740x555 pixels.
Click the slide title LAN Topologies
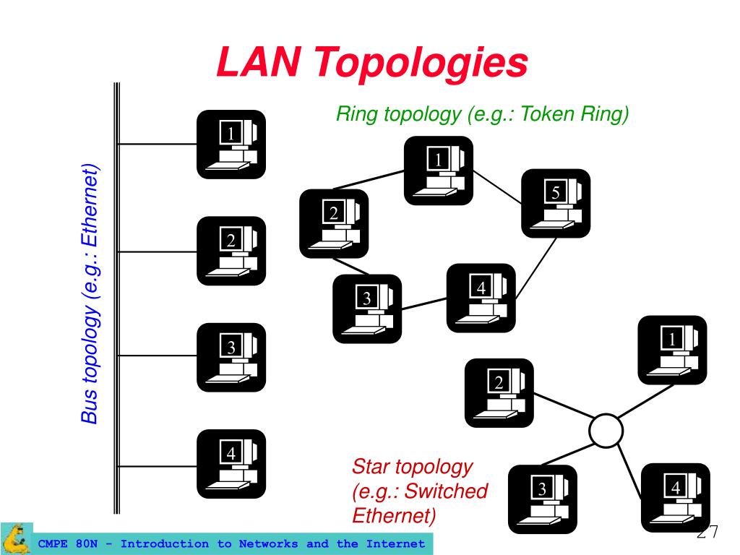pos(371,62)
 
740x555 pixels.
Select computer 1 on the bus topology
pos(231,145)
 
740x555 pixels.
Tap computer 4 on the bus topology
pos(231,465)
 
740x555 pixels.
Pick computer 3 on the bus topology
pos(231,358)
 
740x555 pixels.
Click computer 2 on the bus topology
pos(231,251)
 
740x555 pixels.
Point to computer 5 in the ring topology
pos(556,203)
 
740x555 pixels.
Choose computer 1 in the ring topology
pos(438,171)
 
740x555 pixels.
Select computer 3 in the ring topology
pos(367,309)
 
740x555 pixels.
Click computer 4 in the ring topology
pos(481,298)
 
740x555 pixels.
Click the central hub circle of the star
pos(606,431)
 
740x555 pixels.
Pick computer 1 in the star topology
pos(672,350)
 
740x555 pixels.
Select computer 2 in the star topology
pos(499,393)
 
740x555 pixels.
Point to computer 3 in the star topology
pos(543,499)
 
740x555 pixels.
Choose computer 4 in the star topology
pos(676,498)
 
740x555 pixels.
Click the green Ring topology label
pos(483,114)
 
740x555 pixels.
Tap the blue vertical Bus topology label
pos(90,295)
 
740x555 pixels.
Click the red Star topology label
pos(419,491)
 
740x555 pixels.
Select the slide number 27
pos(707,533)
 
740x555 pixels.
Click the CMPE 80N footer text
pos(231,543)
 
